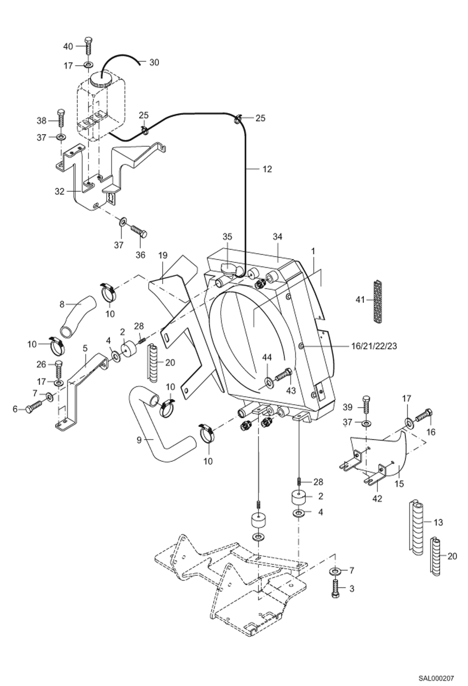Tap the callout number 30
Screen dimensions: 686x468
pyautogui.click(x=154, y=63)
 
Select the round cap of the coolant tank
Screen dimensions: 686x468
pyautogui.click(x=101, y=79)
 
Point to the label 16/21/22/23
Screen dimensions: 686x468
pyautogui.click(x=373, y=346)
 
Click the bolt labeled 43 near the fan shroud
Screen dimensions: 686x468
pyautogui.click(x=284, y=373)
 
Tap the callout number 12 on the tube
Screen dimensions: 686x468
pyautogui.click(x=267, y=169)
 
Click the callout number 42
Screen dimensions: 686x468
pyautogui.click(x=377, y=498)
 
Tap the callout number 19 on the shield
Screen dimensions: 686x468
pyautogui.click(x=163, y=255)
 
